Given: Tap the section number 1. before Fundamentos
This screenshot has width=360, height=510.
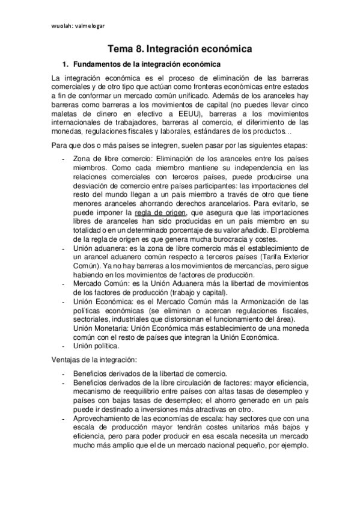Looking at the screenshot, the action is [x=66, y=64].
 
